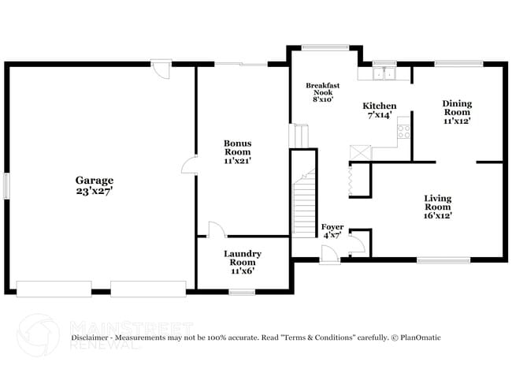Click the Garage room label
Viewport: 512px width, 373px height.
[95, 180]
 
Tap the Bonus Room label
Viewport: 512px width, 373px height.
[237, 147]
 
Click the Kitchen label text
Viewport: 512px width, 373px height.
[379, 106]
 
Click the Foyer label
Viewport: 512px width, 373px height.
[332, 227]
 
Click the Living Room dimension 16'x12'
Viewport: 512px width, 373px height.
[438, 214]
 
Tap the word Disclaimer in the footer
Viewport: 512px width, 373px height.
[92, 338]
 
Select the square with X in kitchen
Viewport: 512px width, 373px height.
[360, 151]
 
